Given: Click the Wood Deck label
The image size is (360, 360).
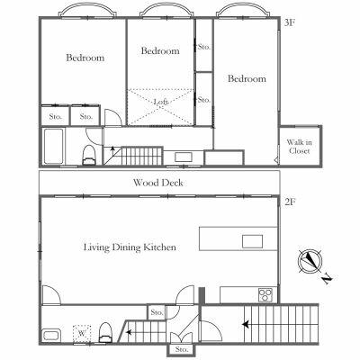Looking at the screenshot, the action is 158,183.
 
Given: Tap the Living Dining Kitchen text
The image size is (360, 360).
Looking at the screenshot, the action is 130,247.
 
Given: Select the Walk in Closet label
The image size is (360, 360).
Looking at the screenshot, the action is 299,147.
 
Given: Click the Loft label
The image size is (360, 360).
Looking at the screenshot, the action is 161,102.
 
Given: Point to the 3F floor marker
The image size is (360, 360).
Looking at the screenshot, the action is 290,23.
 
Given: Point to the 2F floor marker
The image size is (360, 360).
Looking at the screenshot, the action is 290,202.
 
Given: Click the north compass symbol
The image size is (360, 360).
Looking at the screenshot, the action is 310,260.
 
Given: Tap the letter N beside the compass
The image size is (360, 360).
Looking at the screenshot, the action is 328,279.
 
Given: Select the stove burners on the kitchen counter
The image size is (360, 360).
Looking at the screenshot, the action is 265,294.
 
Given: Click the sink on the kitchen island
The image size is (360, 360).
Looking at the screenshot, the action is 252,241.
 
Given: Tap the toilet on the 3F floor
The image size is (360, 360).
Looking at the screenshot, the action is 89,155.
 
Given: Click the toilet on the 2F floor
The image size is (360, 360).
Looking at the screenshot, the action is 105,332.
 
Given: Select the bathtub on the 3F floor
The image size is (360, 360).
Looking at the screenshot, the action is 54,147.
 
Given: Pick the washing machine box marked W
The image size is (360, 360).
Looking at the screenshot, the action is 82,333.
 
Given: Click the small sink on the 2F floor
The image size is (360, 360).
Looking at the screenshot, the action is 52,335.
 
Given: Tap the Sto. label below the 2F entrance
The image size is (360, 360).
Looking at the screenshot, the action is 182,349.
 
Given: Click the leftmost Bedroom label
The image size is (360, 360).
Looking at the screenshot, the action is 85,58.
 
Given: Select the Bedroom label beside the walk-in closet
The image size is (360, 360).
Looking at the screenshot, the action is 247,78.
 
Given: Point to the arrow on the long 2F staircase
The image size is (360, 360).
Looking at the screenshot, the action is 246,324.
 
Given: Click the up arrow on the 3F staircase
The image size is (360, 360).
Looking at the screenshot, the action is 112,151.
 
